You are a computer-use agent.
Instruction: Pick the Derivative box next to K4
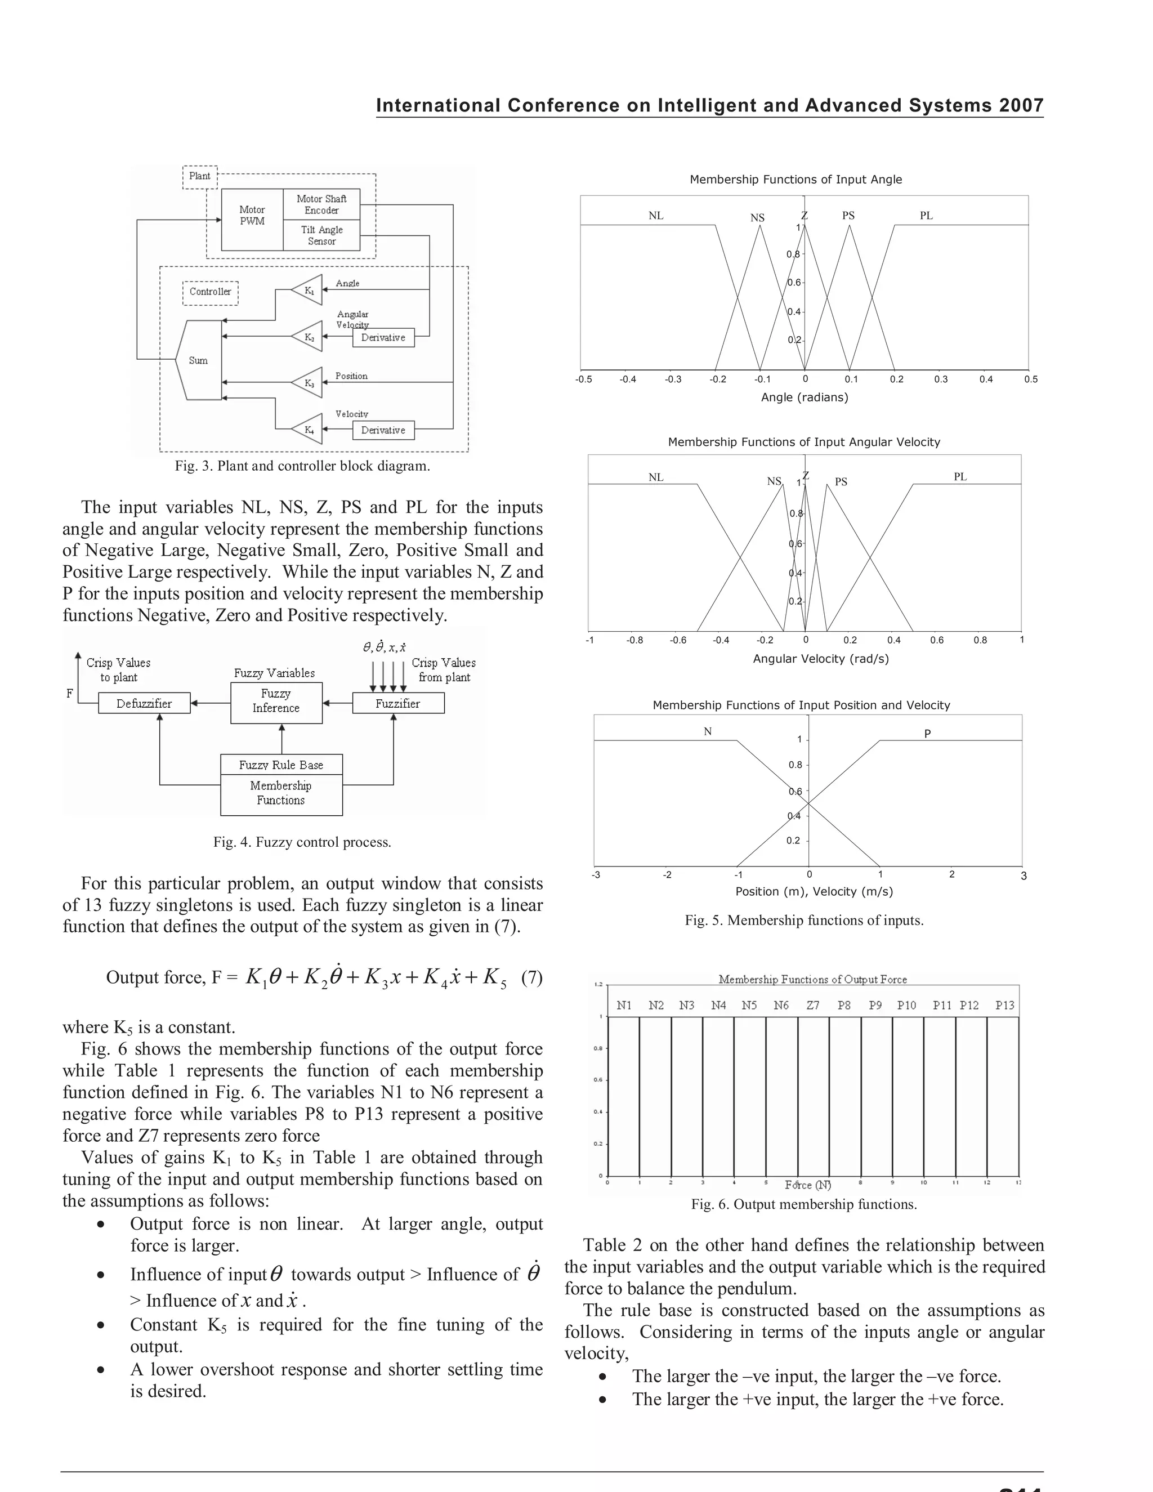[x=383, y=430]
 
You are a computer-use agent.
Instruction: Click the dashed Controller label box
[x=211, y=292]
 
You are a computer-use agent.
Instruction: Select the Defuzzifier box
[x=144, y=704]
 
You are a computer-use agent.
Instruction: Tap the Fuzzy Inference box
[x=276, y=702]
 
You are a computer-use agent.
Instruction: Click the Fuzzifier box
[x=397, y=704]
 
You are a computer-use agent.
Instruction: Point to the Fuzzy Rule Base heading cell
[x=281, y=765]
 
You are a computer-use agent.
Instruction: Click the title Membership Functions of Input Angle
[x=796, y=180]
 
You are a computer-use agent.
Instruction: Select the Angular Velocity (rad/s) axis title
[x=820, y=659]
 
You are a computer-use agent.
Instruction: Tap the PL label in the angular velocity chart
[x=960, y=477]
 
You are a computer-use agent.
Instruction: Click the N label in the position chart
[x=708, y=732]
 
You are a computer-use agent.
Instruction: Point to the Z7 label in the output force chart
[x=813, y=1006]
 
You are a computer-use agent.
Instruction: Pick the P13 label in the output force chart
[x=1004, y=1006]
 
